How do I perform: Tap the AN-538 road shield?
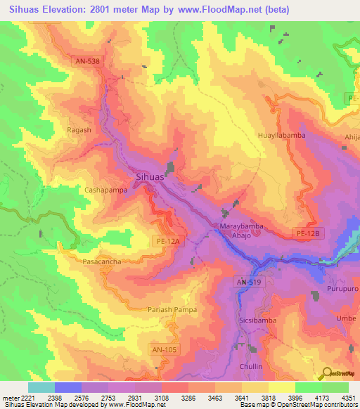point(88,61)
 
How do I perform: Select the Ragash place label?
point(79,130)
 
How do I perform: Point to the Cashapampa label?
point(105,190)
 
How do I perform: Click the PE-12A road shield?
point(167,241)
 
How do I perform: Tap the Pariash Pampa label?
point(172,309)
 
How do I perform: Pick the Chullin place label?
point(250,366)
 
